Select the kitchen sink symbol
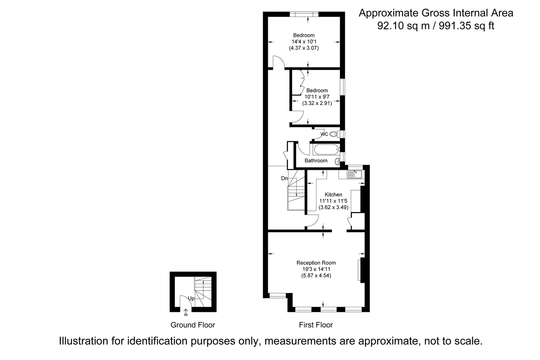pyautogui.click(x=355, y=174)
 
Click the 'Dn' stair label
pyautogui.click(x=284, y=178)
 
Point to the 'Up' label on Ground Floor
pyautogui.click(x=191, y=298)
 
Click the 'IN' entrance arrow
pyautogui.click(x=186, y=312)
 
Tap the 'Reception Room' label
pyautogui.click(x=316, y=263)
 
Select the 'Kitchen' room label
pyautogui.click(x=333, y=194)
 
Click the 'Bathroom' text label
pyautogui.click(x=316, y=160)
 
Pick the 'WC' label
pyautogui.click(x=324, y=134)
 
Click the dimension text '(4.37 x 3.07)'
pyautogui.click(x=304, y=48)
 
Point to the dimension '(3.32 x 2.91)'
pyautogui.click(x=317, y=103)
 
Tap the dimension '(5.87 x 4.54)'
pyautogui.click(x=316, y=275)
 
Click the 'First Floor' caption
pyautogui.click(x=316, y=325)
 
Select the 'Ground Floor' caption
pyautogui.click(x=193, y=325)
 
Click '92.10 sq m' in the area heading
pyautogui.click(x=403, y=26)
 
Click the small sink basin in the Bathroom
pyautogui.click(x=337, y=162)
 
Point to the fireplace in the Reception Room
pyautogui.click(x=361, y=270)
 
